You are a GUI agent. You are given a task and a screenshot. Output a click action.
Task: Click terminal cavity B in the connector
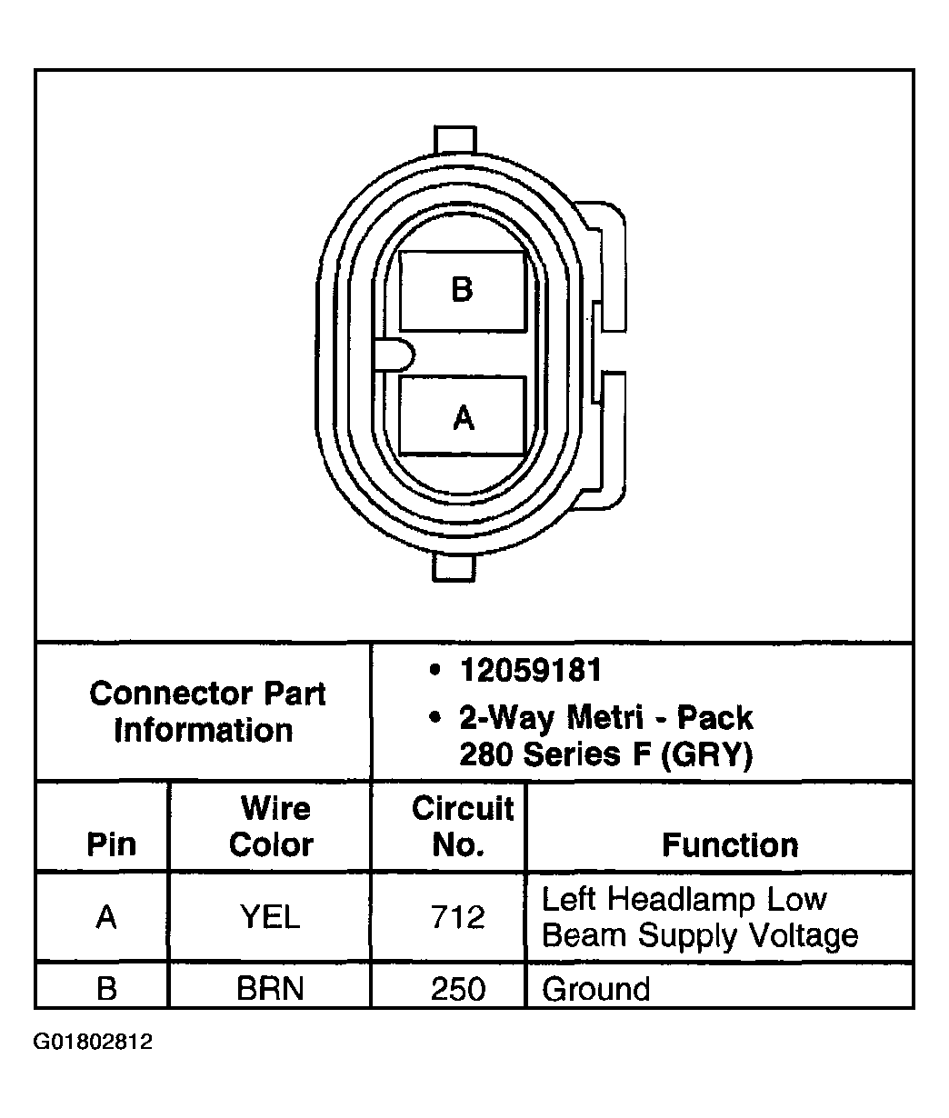462,291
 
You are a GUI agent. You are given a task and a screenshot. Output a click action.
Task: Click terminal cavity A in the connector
463,416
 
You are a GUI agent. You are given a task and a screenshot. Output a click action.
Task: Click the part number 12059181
531,671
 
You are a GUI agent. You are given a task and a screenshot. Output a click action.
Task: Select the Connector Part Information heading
206,712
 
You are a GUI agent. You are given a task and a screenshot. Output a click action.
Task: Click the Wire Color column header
271,826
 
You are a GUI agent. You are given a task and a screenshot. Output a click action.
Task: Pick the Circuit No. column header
462,826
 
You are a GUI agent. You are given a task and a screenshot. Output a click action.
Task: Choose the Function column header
730,845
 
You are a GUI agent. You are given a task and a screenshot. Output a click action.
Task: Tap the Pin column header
111,845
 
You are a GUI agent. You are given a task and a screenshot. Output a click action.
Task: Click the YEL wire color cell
270,917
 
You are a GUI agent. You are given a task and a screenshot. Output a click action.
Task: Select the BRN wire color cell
270,988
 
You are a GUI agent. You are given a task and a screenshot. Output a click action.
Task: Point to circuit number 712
458,917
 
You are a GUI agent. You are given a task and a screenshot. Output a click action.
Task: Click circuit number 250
458,988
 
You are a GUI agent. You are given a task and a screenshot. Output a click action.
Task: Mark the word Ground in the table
596,988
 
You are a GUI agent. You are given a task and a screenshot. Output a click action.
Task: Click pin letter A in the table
106,917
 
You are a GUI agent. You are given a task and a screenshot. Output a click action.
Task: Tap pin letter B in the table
106,988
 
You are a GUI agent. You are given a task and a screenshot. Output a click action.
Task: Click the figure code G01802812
94,1042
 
